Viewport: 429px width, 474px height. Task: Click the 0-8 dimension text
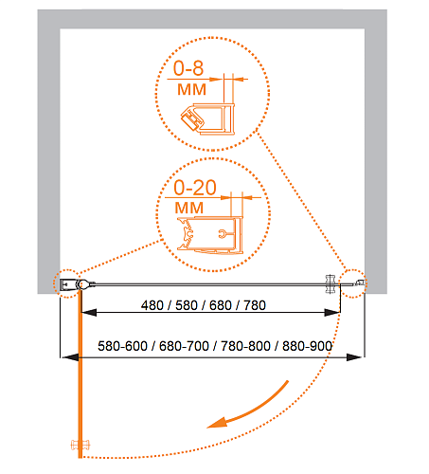188,68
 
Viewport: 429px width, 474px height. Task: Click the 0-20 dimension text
195,188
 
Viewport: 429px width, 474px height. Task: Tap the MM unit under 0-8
191,89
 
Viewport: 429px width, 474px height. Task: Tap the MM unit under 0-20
189,208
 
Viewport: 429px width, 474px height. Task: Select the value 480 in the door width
152,305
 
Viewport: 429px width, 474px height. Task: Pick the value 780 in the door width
255,305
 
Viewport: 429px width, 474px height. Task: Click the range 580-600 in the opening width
122,346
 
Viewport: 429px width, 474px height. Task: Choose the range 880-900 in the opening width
307,346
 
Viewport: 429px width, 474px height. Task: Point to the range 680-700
184,346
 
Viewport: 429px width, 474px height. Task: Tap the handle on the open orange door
80,445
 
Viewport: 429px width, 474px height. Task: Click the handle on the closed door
331,283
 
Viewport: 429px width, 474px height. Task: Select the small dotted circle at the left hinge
68,283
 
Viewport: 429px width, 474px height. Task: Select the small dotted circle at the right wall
353,283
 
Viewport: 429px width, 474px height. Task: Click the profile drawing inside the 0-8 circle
208,118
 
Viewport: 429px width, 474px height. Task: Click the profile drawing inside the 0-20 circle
210,234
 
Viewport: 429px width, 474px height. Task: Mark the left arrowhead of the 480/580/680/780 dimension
89,313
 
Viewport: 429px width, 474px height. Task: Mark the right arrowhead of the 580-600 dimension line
354,357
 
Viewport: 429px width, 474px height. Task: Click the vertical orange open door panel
80,374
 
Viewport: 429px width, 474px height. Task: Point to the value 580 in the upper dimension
187,305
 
